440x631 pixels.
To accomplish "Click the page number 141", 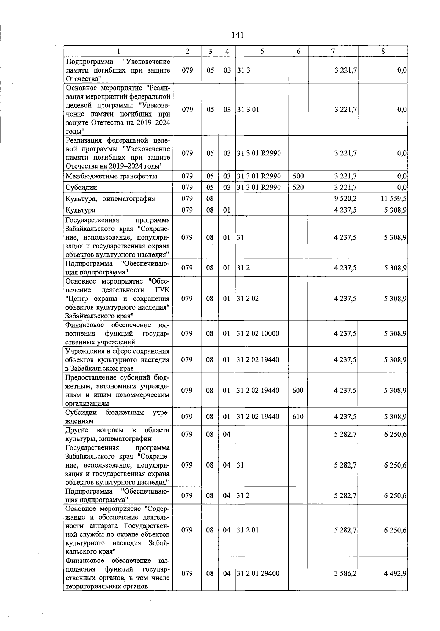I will (238, 35).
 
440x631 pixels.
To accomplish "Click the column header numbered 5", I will (262, 52).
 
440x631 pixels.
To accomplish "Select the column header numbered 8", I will (383, 52).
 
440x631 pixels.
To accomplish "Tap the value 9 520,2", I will (345, 199).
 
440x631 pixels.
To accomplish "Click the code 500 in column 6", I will (298, 176).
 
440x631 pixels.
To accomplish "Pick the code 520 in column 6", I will (298, 187).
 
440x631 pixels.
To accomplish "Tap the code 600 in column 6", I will (298, 390).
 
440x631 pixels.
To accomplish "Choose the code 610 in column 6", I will (298, 417).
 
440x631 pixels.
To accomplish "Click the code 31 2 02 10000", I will (258, 333).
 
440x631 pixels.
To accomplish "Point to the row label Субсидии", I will (81, 188).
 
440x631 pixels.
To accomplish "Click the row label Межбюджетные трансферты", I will (111, 177).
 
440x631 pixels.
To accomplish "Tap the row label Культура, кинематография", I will (110, 199).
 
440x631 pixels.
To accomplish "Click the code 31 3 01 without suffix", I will (248, 110).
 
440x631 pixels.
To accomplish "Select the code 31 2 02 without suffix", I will (248, 299).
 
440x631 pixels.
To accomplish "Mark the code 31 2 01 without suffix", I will (248, 530).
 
